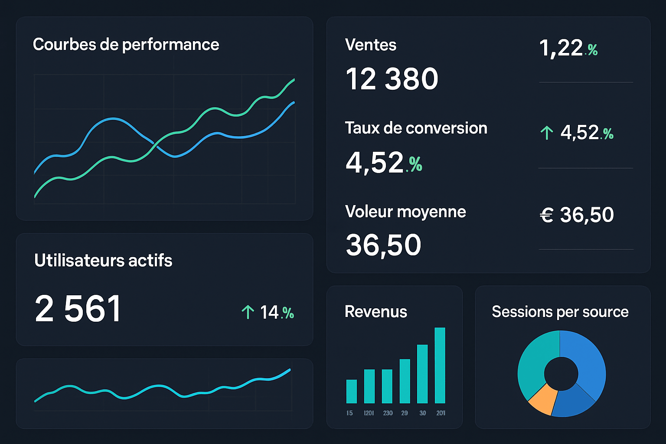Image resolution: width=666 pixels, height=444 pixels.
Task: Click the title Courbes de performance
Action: coord(126,45)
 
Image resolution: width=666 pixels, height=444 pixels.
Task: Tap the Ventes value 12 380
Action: coord(392,79)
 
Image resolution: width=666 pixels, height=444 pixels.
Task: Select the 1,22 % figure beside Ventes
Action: coord(568,48)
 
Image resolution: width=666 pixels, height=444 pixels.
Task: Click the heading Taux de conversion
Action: coord(416,128)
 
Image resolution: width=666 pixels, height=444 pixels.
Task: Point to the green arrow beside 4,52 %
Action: coord(547,133)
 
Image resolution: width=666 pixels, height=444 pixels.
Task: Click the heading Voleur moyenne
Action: coord(405,212)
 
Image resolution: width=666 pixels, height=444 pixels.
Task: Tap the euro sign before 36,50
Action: coord(546,215)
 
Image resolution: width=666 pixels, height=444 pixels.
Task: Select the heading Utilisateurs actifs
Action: coord(103,261)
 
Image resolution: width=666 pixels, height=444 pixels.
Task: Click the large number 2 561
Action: coord(78,309)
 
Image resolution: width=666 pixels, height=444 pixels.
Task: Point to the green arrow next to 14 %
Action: coord(248,312)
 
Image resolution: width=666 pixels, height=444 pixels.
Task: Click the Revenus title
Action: coord(375,312)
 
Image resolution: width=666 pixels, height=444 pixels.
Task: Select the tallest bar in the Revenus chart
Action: coord(440,365)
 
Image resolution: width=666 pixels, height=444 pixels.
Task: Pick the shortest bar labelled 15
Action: coord(351,391)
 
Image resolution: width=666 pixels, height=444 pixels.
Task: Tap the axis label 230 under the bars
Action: coord(388,413)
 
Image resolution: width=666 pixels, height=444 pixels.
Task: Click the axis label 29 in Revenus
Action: coord(405,413)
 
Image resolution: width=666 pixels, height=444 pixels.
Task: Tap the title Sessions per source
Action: coord(560,312)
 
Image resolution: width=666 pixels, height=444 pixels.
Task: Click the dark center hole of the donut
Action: coord(561,373)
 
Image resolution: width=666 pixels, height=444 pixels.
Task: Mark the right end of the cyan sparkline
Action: coord(290,370)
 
